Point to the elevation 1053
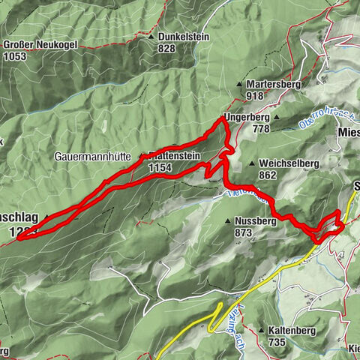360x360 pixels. [x=15, y=55]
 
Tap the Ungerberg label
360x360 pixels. [x=246, y=118]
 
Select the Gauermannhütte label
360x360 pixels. [x=93, y=157]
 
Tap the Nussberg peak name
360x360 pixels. [x=260, y=222]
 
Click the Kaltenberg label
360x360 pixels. [x=293, y=330]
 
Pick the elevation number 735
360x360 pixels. [x=278, y=341]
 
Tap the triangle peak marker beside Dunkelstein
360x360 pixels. [x=151, y=37]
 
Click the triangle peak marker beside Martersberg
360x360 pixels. [x=239, y=85]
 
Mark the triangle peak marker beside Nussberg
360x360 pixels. [x=229, y=222]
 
